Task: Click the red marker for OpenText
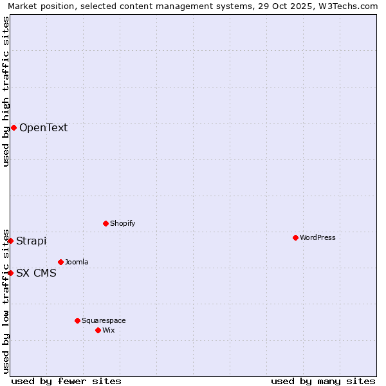pyautogui.click(x=14, y=127)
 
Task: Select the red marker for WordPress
pyautogui.click(x=295, y=237)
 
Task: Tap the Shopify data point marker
pyautogui.click(x=106, y=223)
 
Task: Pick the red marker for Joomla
pyautogui.click(x=60, y=262)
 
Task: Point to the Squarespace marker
pyautogui.click(x=77, y=320)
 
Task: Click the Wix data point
pyautogui.click(x=98, y=330)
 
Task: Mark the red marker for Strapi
pyautogui.click(x=10, y=241)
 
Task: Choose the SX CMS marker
pyautogui.click(x=10, y=273)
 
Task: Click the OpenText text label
pyautogui.click(x=43, y=127)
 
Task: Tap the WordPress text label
pyautogui.click(x=318, y=237)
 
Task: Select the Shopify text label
pyautogui.click(x=122, y=223)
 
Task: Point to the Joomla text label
pyautogui.click(x=77, y=262)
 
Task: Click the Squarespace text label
pyautogui.click(x=104, y=320)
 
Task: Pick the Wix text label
pyautogui.click(x=108, y=330)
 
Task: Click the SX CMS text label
pyautogui.click(x=36, y=273)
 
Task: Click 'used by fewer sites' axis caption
pyautogui.click(x=66, y=381)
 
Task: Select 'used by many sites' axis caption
pyautogui.click(x=323, y=381)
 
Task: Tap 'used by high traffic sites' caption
pyautogui.click(x=6, y=92)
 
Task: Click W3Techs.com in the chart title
pyautogui.click(x=346, y=6)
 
